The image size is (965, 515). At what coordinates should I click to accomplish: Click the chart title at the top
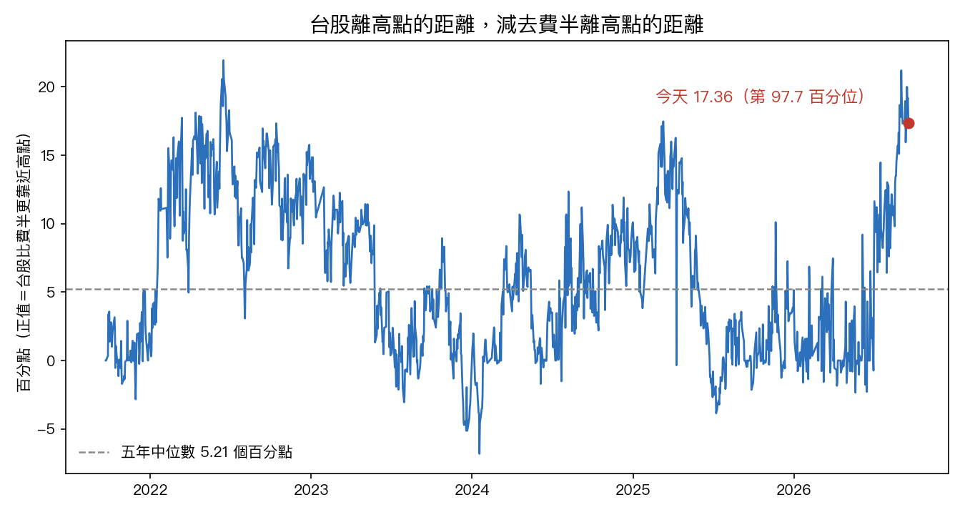(507, 24)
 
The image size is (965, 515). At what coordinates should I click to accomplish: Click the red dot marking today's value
(909, 124)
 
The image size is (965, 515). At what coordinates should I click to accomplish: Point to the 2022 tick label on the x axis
(150, 490)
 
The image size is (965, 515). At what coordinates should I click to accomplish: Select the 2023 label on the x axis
(311, 490)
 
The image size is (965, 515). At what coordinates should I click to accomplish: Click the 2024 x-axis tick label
(472, 490)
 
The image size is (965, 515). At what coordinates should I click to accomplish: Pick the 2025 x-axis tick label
(633, 490)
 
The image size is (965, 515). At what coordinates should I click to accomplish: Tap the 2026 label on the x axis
(793, 490)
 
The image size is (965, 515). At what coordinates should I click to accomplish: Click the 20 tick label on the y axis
(46, 87)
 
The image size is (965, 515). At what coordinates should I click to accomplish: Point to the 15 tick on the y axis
(46, 156)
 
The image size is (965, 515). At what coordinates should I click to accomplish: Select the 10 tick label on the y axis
(46, 224)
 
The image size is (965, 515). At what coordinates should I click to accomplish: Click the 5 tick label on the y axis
(51, 293)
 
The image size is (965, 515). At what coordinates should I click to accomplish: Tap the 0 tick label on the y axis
(51, 360)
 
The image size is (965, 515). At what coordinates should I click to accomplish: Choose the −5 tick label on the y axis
(46, 429)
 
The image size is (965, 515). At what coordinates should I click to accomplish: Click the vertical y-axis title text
(24, 262)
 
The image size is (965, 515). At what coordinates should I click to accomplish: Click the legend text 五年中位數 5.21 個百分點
(207, 452)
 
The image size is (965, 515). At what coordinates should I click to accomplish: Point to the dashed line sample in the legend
(94, 453)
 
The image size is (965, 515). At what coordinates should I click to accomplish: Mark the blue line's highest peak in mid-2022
(223, 60)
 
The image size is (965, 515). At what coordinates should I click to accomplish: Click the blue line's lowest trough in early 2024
(479, 453)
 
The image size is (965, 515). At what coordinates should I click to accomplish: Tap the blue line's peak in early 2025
(663, 122)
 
